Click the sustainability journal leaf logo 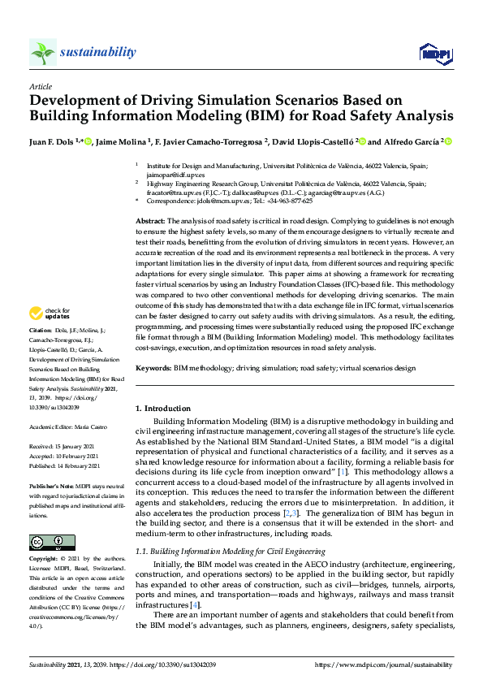43,53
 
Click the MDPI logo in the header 434,54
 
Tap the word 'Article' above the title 40,85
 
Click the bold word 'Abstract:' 151,221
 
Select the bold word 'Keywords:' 153,368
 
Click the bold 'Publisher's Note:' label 51,486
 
